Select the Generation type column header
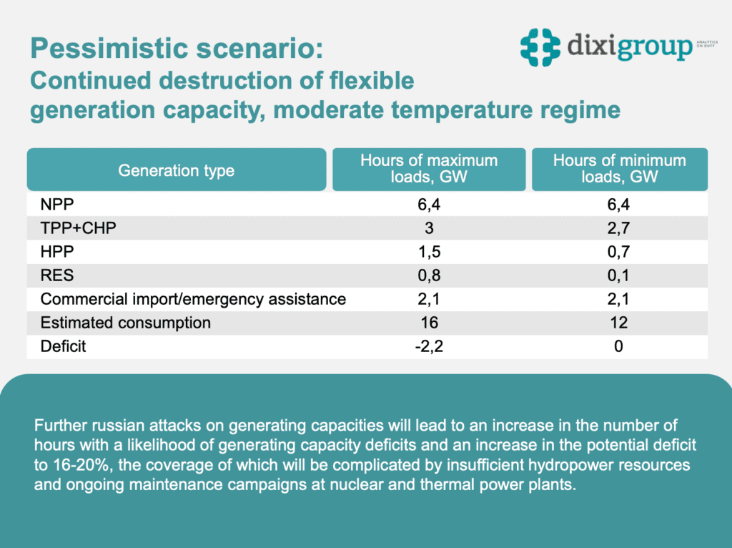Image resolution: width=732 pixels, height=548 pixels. [x=176, y=170]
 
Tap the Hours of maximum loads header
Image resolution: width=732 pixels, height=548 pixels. [x=429, y=168]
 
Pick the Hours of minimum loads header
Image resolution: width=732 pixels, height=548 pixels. [x=619, y=168]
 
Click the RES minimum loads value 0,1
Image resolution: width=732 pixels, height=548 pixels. [x=619, y=276]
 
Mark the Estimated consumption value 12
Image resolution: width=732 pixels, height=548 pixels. [x=619, y=323]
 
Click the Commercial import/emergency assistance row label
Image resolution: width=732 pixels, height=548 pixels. [x=193, y=299]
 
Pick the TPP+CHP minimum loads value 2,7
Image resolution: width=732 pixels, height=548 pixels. [x=619, y=229]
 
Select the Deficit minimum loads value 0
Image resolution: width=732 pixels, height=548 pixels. [x=619, y=346]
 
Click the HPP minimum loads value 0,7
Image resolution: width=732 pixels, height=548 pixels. [x=619, y=253]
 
